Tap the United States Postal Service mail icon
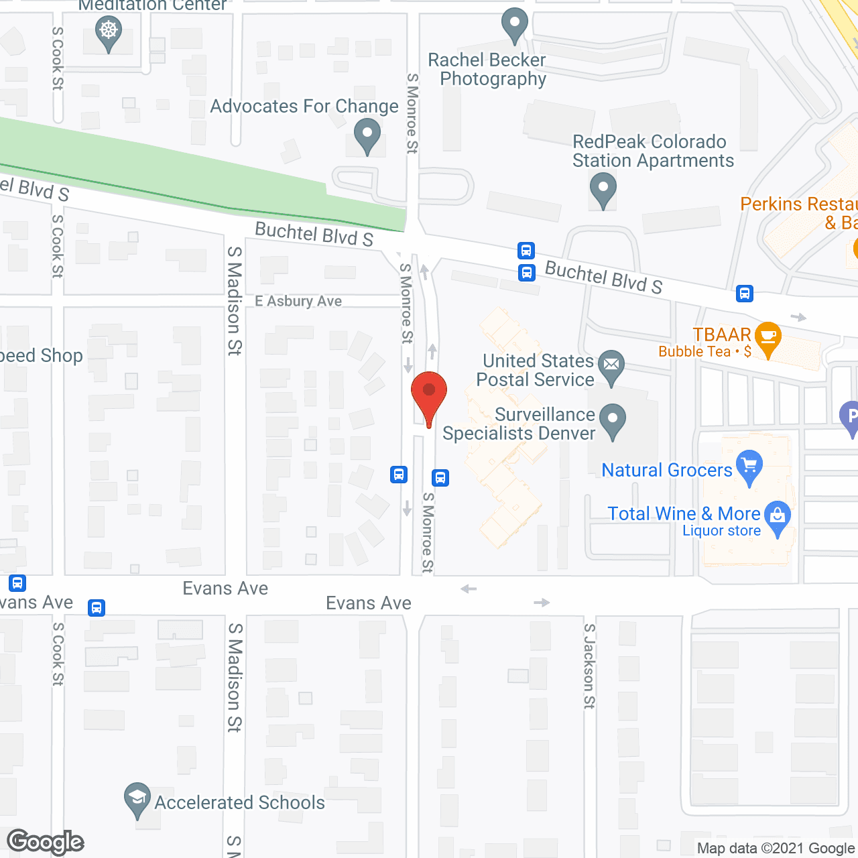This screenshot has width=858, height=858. (611, 365)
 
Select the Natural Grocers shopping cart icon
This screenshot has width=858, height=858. (749, 465)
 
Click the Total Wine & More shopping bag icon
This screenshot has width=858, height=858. (778, 515)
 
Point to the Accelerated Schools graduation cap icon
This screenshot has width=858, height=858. (137, 798)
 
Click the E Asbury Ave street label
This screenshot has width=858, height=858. (298, 302)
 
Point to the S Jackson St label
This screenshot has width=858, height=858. (589, 666)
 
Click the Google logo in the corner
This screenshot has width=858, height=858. (46, 842)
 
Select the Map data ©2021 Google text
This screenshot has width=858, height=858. (776, 849)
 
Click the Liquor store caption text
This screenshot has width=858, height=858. (721, 531)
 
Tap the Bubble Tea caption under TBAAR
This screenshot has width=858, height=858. (694, 352)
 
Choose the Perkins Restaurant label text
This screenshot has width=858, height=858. (798, 204)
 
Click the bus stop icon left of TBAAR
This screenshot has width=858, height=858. (745, 294)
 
